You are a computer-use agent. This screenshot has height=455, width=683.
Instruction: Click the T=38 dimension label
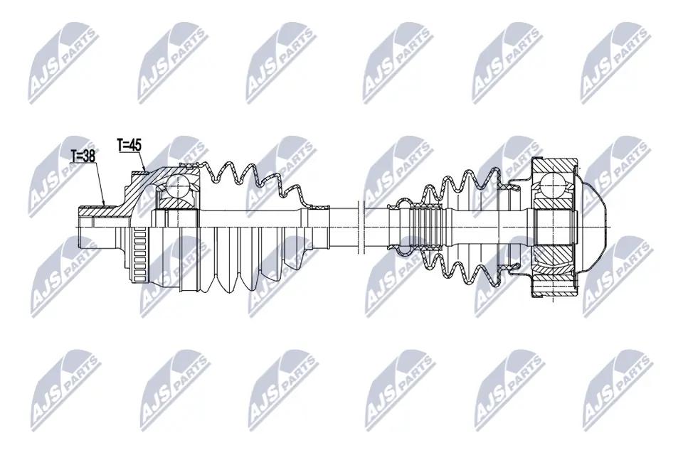tap(84, 156)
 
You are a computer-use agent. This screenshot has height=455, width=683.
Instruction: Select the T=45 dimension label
tap(129, 145)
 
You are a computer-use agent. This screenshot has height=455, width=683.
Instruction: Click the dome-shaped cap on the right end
tap(595, 226)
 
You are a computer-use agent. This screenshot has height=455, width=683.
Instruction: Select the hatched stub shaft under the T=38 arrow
tap(105, 210)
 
